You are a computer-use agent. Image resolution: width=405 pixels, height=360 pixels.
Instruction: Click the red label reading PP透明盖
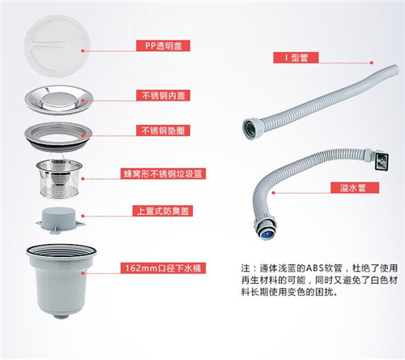[x=163, y=45]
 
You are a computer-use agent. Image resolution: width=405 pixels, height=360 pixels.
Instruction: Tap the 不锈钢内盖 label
[x=163, y=96]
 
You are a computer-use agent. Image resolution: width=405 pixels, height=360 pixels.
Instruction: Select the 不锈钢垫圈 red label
[x=163, y=131]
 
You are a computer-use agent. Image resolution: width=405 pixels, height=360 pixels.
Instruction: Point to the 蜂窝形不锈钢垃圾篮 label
[x=163, y=174]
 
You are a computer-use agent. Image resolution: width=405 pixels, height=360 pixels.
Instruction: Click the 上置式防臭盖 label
[x=163, y=211]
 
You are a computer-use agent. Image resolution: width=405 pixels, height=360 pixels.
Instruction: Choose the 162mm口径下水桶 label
[x=163, y=268]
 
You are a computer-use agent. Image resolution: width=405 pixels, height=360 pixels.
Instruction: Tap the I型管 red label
[x=296, y=58]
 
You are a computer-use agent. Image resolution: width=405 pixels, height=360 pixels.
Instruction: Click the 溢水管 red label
[x=355, y=187]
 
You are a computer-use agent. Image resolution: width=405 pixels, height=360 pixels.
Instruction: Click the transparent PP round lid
[x=57, y=46]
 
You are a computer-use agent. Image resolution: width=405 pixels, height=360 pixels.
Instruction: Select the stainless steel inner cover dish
[x=59, y=100]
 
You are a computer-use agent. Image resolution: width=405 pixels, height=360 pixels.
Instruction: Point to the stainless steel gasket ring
[x=58, y=135]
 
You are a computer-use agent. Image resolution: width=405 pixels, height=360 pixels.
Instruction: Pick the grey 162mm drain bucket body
[x=62, y=281]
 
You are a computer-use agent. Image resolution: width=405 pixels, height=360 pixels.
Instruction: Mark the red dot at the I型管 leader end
[x=372, y=62]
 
